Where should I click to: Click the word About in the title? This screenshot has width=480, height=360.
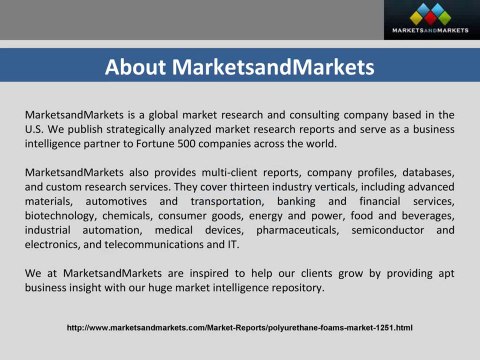point(137,68)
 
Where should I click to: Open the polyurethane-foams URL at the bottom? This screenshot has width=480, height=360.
point(240,327)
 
